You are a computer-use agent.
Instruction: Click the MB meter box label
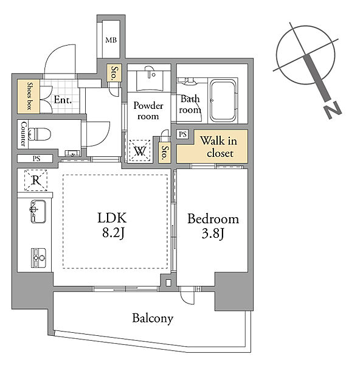[111, 40]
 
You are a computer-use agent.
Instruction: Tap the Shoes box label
[29, 96]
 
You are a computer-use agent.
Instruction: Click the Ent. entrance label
[63, 100]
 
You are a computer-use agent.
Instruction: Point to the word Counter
[23, 134]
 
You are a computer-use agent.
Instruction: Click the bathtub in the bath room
[223, 100]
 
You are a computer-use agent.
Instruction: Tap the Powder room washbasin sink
[148, 80]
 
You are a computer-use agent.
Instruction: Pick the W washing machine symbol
[140, 151]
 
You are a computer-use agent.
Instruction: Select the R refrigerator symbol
[36, 180]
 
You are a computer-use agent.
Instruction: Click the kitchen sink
[38, 211]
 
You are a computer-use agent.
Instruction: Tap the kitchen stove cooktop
[38, 258]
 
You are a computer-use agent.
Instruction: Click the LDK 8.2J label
[112, 225]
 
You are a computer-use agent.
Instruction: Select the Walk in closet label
[219, 147]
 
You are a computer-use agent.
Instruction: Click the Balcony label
[153, 318]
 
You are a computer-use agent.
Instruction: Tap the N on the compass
[333, 110]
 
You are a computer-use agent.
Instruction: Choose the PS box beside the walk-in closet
[182, 134]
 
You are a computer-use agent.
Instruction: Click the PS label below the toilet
[36, 159]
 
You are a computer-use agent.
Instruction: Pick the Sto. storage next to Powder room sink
[114, 72]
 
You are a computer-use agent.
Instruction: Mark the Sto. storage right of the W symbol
[165, 152]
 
